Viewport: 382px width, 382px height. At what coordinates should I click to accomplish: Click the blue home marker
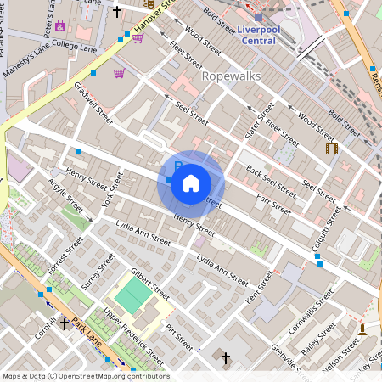click(191, 183)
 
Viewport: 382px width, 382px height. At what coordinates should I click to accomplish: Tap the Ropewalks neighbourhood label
click(231, 76)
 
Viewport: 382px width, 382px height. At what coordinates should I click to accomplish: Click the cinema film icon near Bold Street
click(331, 149)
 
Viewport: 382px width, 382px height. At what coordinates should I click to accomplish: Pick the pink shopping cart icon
click(119, 73)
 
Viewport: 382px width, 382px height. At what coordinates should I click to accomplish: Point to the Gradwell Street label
click(93, 98)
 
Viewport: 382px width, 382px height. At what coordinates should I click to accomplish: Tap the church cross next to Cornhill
click(65, 323)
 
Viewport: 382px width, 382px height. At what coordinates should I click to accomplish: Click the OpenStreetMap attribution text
click(85, 376)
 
